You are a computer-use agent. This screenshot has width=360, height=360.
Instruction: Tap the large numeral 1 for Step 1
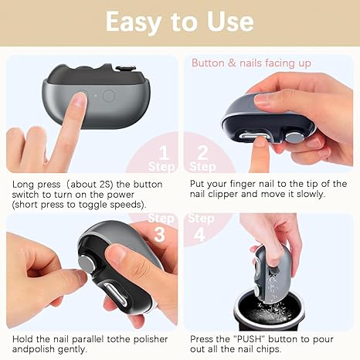163,151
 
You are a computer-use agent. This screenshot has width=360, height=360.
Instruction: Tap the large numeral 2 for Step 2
202,151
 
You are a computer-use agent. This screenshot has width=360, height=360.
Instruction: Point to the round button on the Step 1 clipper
109,96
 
